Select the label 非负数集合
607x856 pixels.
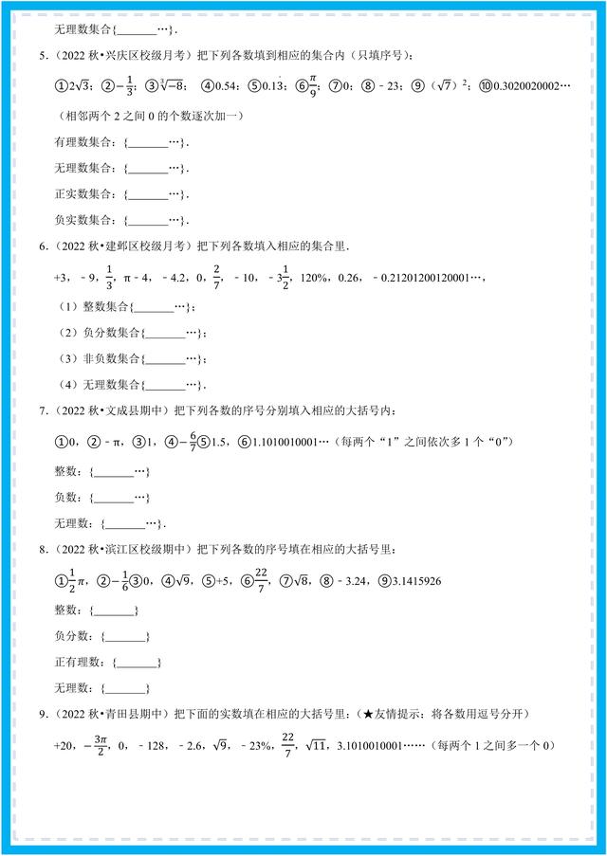tap(103, 359)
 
